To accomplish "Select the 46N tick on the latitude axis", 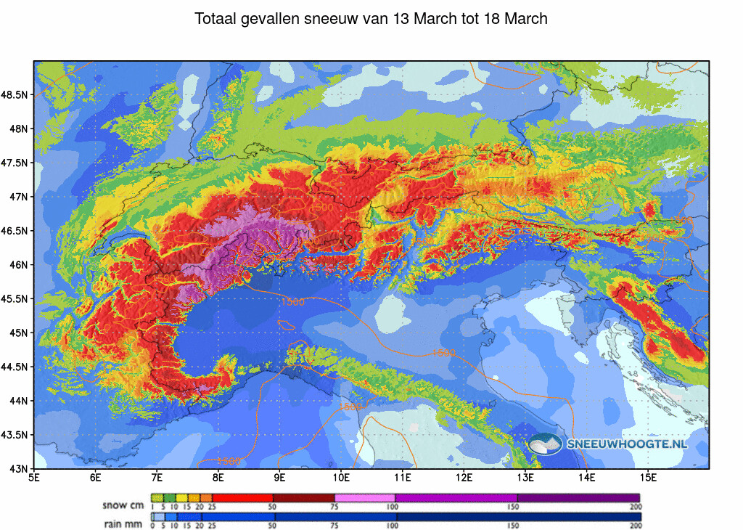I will click(18, 265).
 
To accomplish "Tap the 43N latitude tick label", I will click(18, 469).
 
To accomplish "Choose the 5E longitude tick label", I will click(33, 478).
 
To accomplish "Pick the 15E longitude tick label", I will click(649, 478).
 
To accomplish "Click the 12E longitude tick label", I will click(464, 478).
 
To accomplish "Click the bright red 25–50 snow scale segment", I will click(242, 497).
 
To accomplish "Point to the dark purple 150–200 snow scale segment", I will click(578, 497).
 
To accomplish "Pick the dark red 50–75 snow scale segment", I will click(303, 497).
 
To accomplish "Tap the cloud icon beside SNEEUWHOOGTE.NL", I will click(545, 444).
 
